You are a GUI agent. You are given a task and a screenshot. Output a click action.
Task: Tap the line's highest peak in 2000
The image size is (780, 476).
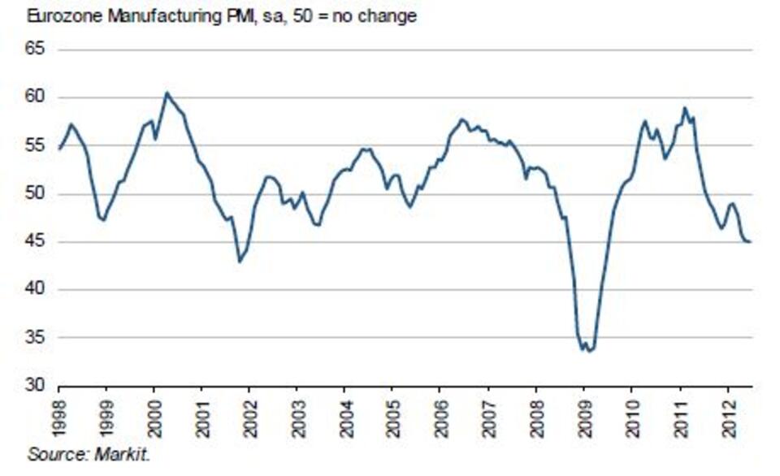166,93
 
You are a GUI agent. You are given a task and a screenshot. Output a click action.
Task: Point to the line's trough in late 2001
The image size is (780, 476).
239,262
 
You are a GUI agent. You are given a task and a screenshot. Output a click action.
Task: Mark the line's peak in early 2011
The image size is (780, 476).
685,108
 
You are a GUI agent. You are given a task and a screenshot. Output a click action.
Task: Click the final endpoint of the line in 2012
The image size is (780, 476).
749,242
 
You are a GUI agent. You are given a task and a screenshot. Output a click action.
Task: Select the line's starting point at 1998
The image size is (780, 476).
59,149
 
